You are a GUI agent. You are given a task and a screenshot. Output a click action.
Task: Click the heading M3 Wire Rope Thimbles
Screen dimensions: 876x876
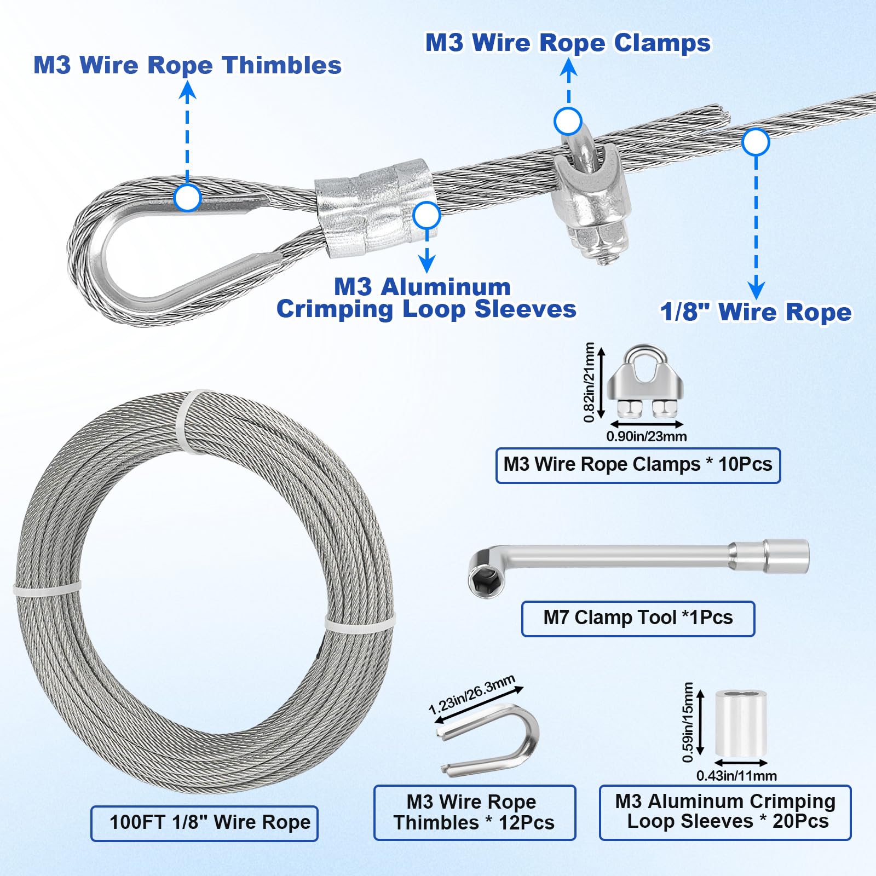tap(187, 65)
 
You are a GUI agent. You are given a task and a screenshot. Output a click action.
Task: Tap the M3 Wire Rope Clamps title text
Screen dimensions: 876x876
tap(568, 43)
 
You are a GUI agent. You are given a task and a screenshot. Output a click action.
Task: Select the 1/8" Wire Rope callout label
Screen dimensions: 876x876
tap(756, 312)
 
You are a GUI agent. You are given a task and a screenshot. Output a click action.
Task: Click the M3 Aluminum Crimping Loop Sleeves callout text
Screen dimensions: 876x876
tap(426, 298)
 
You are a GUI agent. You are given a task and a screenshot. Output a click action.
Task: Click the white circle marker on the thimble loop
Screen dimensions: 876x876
tap(187, 198)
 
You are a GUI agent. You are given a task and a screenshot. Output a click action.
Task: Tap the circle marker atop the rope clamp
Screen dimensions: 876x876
tap(568, 122)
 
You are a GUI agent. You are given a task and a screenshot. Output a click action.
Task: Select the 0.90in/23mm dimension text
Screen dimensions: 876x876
tap(646, 436)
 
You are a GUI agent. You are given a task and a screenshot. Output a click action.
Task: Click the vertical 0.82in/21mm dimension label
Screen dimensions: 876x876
tap(589, 382)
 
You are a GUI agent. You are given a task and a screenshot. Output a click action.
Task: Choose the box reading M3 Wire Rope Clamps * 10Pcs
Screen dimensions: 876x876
tap(638, 465)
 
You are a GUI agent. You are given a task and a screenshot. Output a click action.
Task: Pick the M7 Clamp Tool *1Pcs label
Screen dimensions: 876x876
tap(638, 618)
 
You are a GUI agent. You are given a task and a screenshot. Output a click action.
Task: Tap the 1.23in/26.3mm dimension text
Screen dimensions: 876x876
tap(472, 695)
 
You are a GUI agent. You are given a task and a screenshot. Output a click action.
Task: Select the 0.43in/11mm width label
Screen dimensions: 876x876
tap(736, 775)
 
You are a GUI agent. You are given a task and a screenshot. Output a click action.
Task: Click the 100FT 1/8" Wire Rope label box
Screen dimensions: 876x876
tap(204, 823)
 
